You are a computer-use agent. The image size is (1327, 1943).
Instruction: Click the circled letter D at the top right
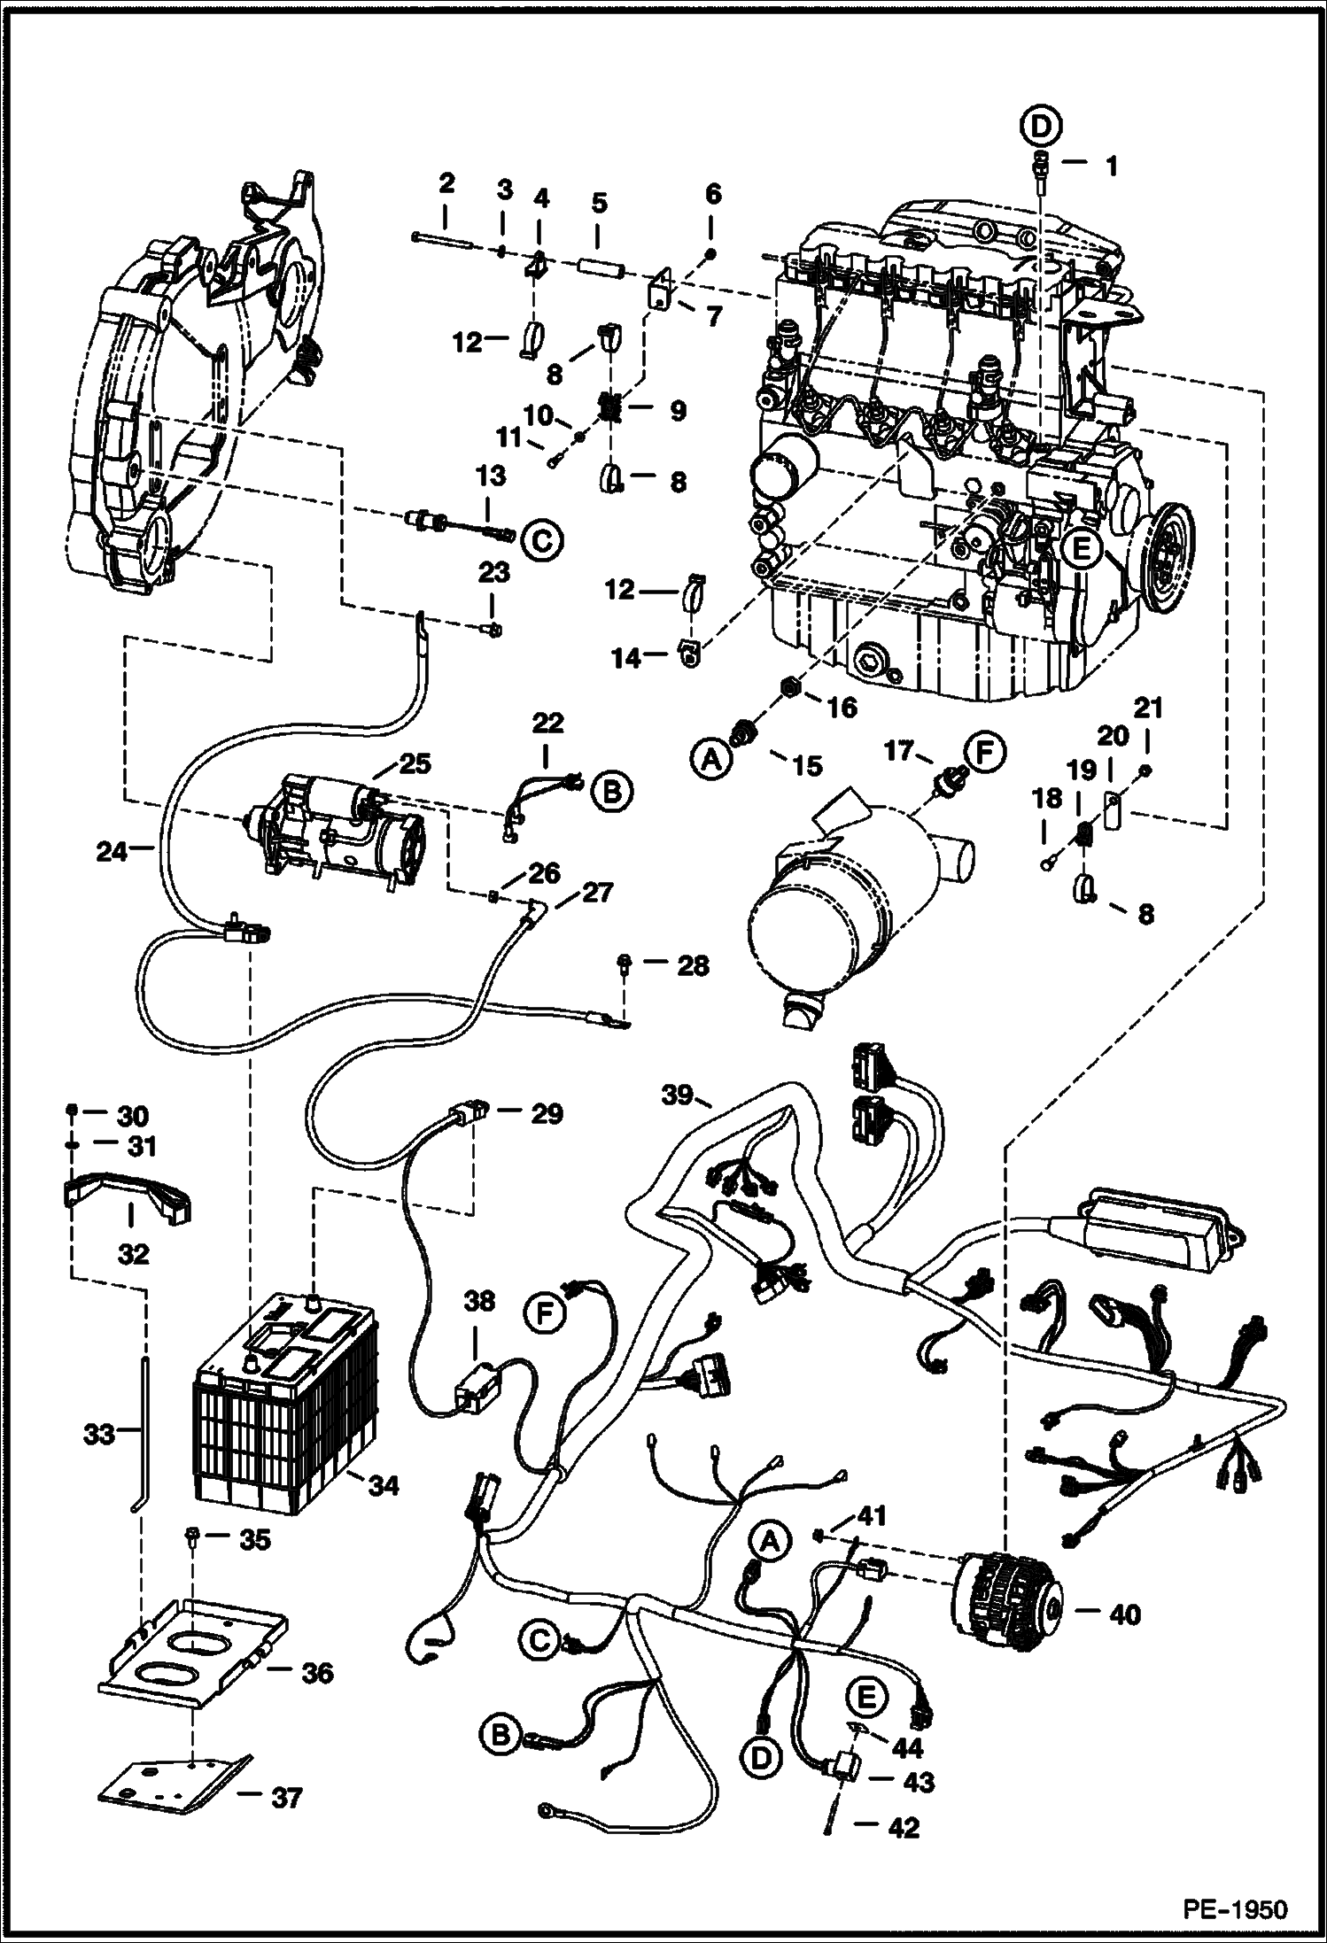(x=1042, y=128)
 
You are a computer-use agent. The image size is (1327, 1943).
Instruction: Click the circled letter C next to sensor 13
(x=542, y=539)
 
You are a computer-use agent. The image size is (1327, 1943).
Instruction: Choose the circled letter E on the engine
(x=1081, y=550)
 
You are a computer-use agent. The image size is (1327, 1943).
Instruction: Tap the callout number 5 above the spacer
(x=599, y=203)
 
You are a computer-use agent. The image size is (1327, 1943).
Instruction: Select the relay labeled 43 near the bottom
(x=845, y=1770)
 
